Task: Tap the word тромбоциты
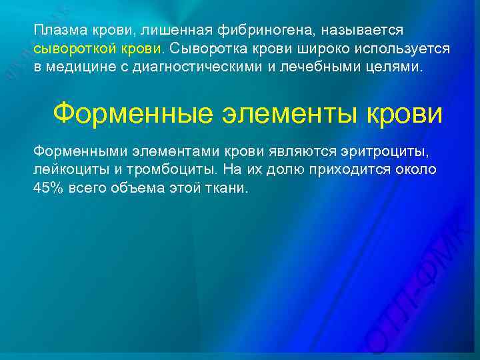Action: pos(168,169)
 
